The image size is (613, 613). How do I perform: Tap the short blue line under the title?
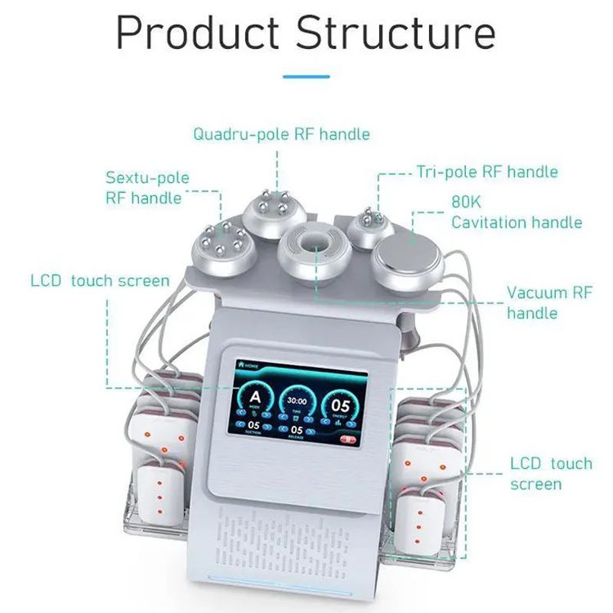pos(306,77)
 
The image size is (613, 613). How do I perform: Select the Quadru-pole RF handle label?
pos(281,134)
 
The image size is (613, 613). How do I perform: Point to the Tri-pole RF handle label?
pos(487,172)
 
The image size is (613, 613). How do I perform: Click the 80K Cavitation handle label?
pos(517,212)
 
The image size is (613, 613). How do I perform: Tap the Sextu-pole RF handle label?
pos(147,188)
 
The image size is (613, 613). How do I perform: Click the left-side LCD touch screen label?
pos(100,280)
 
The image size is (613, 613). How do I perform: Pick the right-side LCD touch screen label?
pos(551,473)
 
